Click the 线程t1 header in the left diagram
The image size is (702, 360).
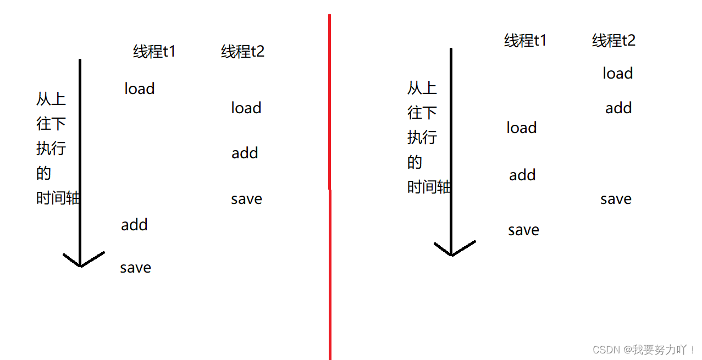154,52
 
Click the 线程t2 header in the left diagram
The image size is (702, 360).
242,52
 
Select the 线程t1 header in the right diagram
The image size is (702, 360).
525,41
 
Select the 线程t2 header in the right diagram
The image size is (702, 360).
613,41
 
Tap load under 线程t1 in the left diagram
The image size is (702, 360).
139,88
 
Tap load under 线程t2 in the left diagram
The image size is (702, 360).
246,108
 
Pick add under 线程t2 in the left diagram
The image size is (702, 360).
245,153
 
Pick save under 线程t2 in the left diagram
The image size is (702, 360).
246,199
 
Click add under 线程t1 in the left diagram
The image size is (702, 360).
134,224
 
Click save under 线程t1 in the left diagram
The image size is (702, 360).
135,268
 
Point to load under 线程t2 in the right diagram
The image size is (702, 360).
617,73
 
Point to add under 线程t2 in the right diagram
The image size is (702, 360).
618,108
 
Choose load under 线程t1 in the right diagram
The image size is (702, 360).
521,128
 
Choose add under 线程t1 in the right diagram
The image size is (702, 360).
522,175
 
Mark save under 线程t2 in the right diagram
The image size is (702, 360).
616,199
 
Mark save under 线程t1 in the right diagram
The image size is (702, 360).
523,230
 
